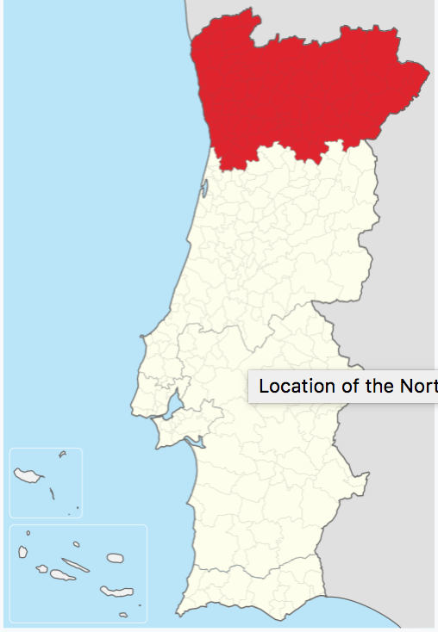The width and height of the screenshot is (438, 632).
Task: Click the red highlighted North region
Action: pos(302,90)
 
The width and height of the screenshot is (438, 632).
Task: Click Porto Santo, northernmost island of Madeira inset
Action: pos(62,454)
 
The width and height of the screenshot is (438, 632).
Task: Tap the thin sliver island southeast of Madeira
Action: pos(52,493)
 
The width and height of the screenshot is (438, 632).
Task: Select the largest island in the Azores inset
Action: pos(112,592)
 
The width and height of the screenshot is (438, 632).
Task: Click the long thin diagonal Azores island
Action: pos(76,566)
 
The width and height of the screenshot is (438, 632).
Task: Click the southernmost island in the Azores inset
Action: pos(123,615)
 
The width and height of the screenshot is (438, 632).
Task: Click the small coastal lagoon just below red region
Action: pos(203,183)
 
